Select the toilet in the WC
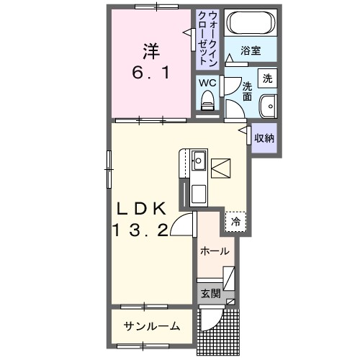[x=209, y=100]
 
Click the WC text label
[x=209, y=81]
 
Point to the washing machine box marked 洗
[x=267, y=78]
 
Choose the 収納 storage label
[x=264, y=137]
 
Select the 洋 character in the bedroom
[x=150, y=51]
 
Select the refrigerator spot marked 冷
[x=235, y=222]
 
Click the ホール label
[x=214, y=251]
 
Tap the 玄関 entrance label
[x=210, y=294]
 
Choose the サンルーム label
[x=150, y=325]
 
